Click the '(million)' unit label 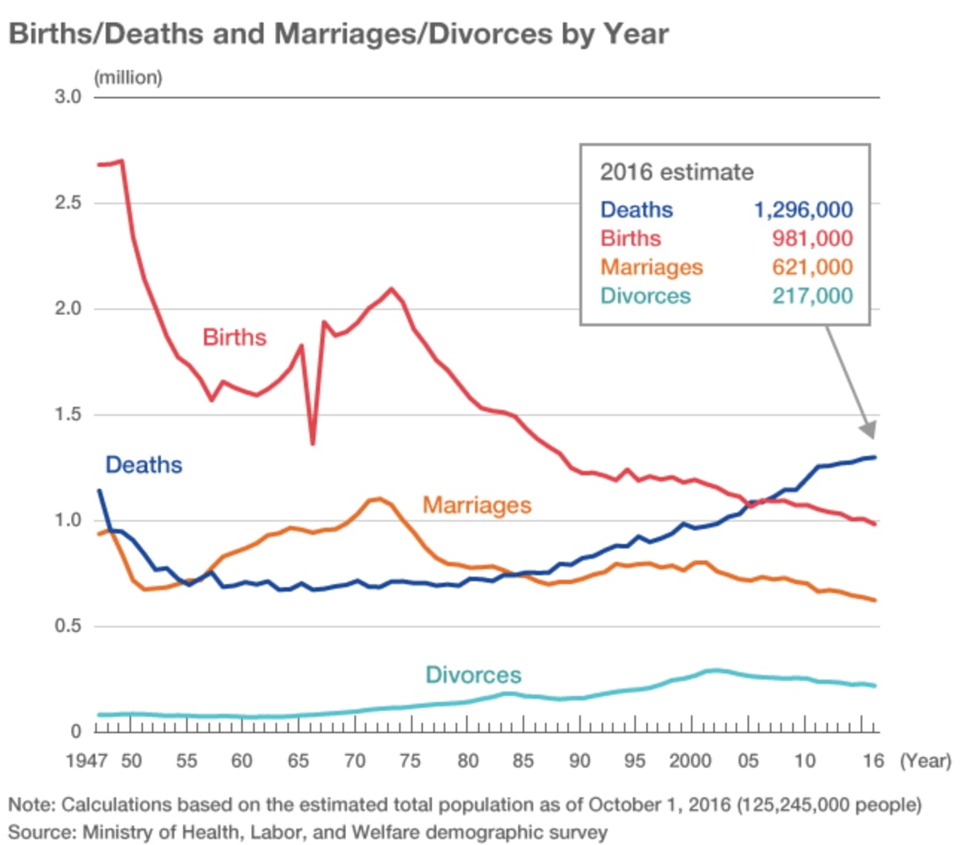(x=127, y=77)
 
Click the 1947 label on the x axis (x=86, y=761)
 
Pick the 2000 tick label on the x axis (x=690, y=761)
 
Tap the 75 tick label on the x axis (x=410, y=761)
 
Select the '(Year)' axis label (x=926, y=761)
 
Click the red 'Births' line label (x=235, y=338)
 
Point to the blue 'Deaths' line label (x=144, y=465)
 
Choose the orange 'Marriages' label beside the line (x=477, y=505)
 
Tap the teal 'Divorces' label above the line (x=473, y=675)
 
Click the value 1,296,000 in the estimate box (x=803, y=210)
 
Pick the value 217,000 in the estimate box (x=812, y=296)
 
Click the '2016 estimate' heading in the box (x=676, y=172)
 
